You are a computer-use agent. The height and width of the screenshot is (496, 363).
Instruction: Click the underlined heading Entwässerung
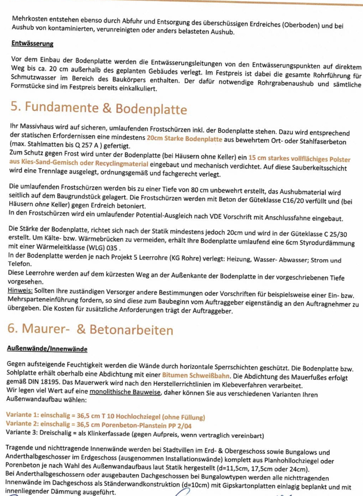tap(32, 43)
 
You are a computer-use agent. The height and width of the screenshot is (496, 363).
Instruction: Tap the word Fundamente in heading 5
tap(62, 107)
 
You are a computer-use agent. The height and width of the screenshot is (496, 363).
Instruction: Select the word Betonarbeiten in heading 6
tap(131, 330)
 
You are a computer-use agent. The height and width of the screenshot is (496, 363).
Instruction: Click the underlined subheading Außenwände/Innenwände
tap(47, 349)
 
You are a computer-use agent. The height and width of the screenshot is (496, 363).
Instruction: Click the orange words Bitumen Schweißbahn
tap(196, 375)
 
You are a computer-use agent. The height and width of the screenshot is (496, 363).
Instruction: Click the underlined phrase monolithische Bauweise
tap(125, 392)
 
